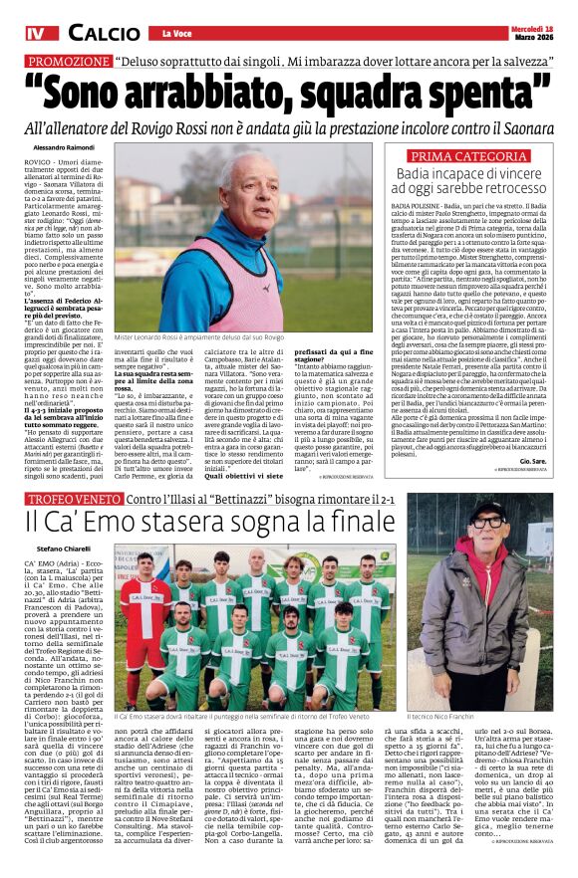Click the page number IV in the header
36,35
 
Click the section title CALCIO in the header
104,35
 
